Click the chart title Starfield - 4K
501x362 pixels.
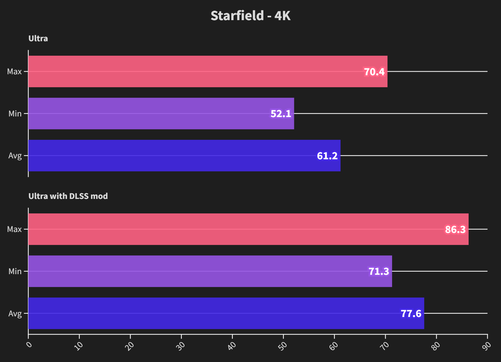(x=250, y=16)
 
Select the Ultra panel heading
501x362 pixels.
(x=38, y=38)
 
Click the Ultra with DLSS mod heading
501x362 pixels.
(x=68, y=196)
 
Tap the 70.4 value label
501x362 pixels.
(x=374, y=72)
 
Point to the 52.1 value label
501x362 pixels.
(x=281, y=114)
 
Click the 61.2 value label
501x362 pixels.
(x=327, y=156)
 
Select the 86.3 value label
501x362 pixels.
(x=455, y=229)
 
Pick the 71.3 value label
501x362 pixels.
(x=379, y=271)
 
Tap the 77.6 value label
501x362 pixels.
(x=411, y=314)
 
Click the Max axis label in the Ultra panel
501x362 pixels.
(x=14, y=71)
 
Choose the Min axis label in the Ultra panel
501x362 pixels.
(x=15, y=114)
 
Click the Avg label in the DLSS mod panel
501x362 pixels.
(x=15, y=314)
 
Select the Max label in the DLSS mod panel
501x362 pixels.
(x=14, y=229)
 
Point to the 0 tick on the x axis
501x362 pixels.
(x=29, y=345)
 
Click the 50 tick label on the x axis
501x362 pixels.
(x=283, y=346)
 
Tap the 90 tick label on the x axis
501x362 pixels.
(x=486, y=346)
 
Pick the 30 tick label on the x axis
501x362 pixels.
(x=181, y=346)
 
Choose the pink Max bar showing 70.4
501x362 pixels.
(x=189, y=71)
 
